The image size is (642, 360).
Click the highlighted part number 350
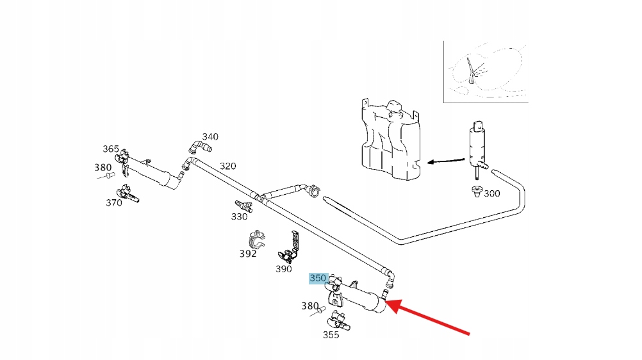click(x=318, y=278)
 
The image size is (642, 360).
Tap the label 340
click(x=210, y=136)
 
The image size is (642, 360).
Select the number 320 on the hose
click(x=227, y=166)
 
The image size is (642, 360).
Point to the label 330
click(x=239, y=217)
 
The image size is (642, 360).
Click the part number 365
click(x=111, y=149)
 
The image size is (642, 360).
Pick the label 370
click(x=113, y=203)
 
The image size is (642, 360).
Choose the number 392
click(x=248, y=253)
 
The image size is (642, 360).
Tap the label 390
click(x=284, y=269)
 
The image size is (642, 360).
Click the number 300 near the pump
click(x=492, y=193)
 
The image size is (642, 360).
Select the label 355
click(x=331, y=334)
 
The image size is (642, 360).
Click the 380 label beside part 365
click(x=103, y=168)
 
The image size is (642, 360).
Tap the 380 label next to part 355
click(x=310, y=306)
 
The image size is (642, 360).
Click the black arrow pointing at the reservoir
click(x=446, y=161)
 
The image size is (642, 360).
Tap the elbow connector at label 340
click(x=199, y=147)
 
